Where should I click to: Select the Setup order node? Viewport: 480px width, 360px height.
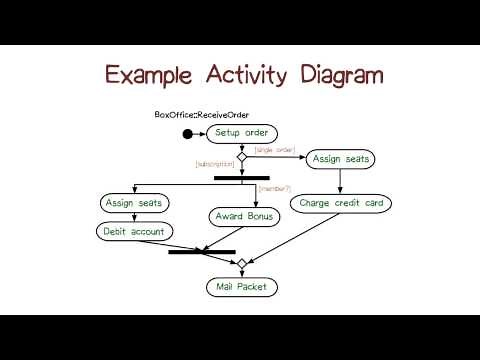click(x=241, y=133)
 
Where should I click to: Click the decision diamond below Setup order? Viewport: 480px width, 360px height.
click(x=241, y=155)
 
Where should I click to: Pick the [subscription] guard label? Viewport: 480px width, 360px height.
click(x=215, y=162)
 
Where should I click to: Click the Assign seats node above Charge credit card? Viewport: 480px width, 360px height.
click(x=341, y=159)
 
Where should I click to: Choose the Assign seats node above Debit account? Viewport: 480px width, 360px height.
click(x=136, y=203)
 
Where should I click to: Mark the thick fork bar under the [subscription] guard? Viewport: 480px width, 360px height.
click(x=242, y=178)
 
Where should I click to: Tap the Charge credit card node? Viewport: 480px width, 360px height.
click(x=342, y=203)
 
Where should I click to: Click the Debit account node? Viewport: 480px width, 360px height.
click(x=136, y=231)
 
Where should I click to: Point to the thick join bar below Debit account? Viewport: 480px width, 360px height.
click(x=202, y=252)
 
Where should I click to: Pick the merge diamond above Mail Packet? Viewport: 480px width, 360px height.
click(x=241, y=264)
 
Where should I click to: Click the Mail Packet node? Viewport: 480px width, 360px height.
click(x=241, y=288)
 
